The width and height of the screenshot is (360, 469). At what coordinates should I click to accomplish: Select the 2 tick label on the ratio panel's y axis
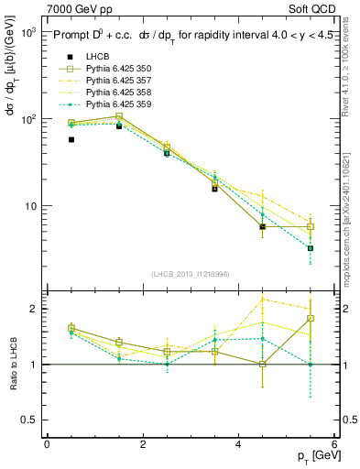(31, 309)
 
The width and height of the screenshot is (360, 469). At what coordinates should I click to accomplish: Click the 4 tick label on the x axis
(238, 445)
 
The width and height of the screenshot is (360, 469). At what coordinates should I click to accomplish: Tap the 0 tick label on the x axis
(47, 445)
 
